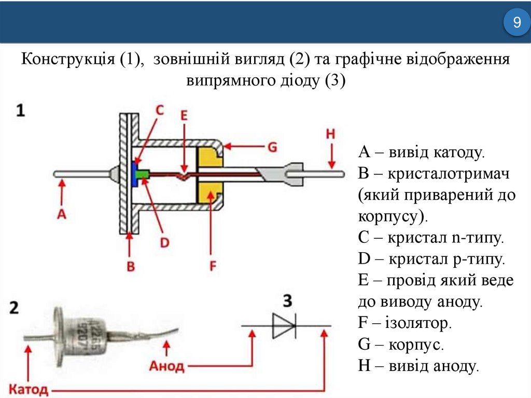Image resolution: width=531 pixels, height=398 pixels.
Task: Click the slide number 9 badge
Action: pos(516,23)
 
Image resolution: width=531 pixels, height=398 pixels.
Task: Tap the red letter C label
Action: pos(160,109)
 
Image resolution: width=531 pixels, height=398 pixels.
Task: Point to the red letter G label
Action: pos(272,148)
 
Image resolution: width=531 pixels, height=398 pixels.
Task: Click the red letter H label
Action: pos(331,133)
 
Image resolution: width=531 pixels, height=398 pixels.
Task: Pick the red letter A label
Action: pos(62,213)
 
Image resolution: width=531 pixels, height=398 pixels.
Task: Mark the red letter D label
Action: pos(165,242)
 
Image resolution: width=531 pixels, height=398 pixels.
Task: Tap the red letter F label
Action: pos(212,266)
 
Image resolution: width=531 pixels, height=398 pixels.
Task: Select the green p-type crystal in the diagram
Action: pos(141,176)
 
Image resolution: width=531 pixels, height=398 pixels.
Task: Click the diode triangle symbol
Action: pos(284,326)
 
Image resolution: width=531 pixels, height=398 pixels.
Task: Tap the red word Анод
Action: pos(166,366)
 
